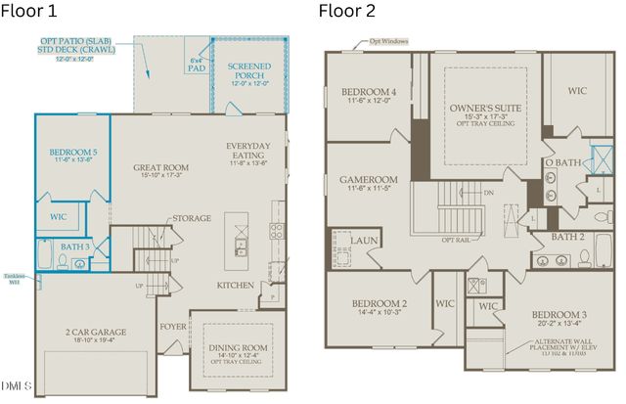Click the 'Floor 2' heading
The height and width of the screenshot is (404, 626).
click(347, 12)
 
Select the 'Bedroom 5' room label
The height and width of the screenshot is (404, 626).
click(73, 154)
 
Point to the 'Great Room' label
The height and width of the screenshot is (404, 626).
click(160, 167)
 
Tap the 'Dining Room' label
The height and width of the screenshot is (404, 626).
click(240, 347)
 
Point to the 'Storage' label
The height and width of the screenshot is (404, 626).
click(191, 218)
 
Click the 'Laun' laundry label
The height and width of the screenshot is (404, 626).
click(365, 240)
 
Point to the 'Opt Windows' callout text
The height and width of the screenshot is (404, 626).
click(388, 43)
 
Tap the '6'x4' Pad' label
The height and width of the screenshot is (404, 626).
click(197, 66)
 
